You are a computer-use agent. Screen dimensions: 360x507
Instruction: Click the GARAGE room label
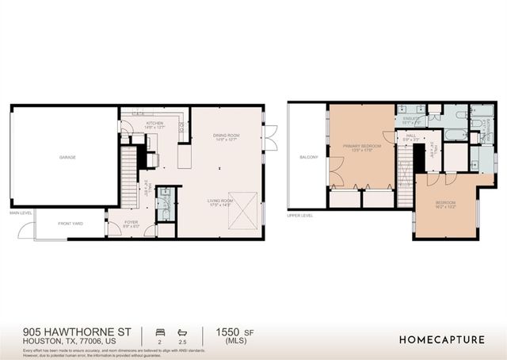pos(67,157)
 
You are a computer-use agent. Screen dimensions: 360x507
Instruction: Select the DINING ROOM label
pos(226,136)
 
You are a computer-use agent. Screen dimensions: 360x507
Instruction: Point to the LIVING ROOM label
pos(220,201)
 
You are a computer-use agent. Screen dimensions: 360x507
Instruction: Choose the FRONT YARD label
pos(70,224)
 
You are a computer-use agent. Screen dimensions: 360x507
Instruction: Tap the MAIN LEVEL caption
pos(21,213)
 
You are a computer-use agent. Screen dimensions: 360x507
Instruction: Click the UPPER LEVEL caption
pos(300,215)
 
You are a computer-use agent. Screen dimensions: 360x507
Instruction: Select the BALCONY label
pos(309,157)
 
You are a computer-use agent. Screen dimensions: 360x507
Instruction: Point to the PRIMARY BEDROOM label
pos(361,147)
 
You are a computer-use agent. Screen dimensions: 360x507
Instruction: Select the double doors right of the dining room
pos(270,137)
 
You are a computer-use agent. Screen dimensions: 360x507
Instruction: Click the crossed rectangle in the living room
pos(242,209)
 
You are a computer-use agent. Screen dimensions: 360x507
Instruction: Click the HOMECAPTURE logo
pos(442,339)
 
